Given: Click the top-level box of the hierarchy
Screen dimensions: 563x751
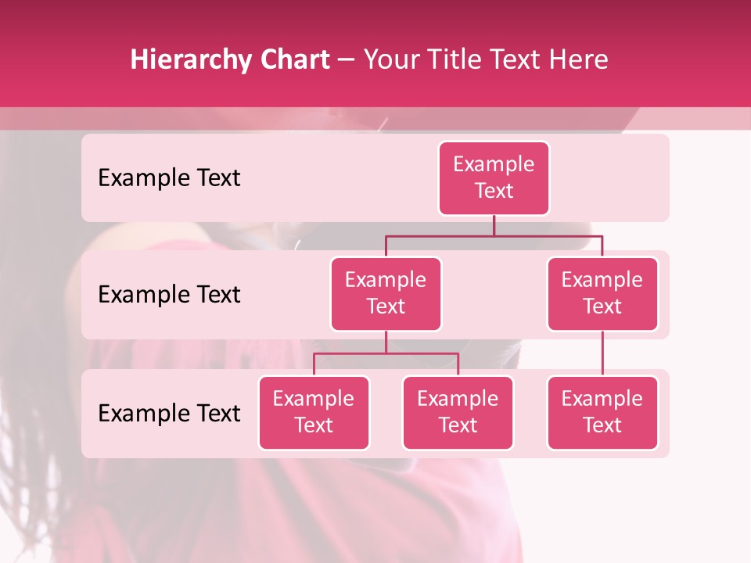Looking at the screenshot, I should pos(494,178).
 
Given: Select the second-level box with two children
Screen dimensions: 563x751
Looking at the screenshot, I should pos(386,294).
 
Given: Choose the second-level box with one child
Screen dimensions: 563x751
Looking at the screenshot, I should pos(602,294).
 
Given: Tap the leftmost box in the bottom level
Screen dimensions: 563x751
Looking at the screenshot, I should pos(314,413).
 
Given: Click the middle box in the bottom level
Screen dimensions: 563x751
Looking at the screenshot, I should pos(458,413).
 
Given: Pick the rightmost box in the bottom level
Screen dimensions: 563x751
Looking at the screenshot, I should pos(602,413).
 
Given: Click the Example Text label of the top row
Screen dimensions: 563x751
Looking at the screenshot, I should pos(169,178).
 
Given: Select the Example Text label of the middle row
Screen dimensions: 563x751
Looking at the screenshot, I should pos(169,295).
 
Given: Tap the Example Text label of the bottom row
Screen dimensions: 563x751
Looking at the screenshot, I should pos(169,414).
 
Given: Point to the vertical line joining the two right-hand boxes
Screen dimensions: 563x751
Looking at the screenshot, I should pos(602,353).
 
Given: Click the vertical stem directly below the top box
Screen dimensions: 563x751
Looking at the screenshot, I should pos(494,225).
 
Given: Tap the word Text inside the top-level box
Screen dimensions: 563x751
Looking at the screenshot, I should pos(494,191).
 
